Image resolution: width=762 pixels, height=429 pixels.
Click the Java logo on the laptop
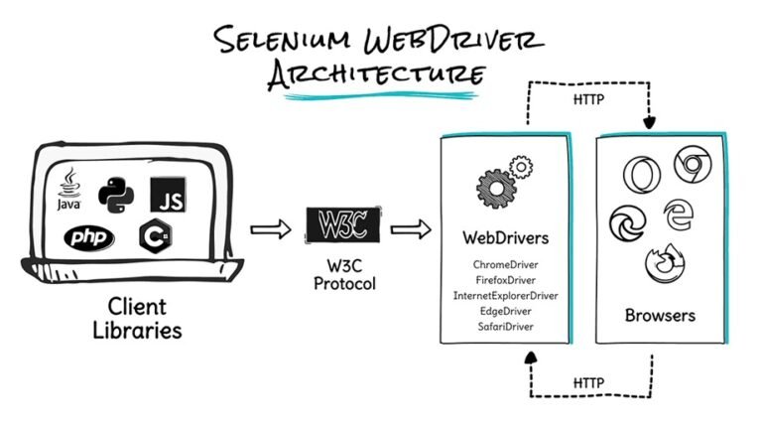68,189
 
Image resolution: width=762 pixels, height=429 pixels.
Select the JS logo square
169,195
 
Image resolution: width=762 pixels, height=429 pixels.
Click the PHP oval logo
89,238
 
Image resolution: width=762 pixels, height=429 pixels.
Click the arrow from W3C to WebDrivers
411,230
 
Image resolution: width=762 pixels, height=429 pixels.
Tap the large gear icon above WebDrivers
495,188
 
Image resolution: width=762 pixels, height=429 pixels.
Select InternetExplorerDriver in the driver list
505,295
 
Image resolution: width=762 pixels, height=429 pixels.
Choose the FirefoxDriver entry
505,281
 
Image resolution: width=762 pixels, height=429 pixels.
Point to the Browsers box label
659,316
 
